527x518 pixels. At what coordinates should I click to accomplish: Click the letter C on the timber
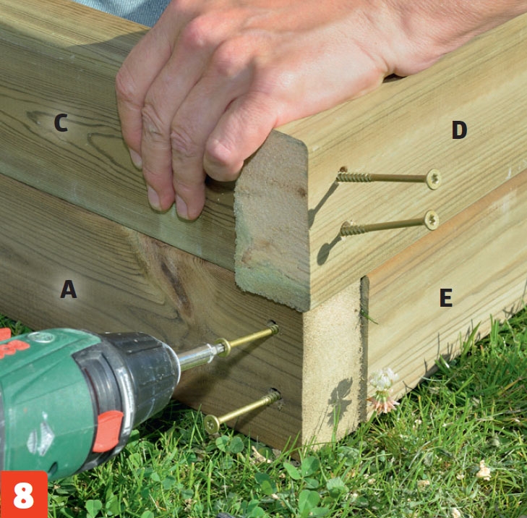click(61, 122)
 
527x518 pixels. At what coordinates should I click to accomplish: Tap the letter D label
click(459, 129)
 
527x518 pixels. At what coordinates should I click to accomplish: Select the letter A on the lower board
click(69, 289)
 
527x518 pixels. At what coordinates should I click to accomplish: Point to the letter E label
click(446, 297)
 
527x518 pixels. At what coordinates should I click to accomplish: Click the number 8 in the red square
click(24, 495)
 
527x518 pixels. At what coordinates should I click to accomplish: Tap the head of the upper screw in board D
click(433, 179)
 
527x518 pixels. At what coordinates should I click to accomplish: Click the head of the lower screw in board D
click(432, 220)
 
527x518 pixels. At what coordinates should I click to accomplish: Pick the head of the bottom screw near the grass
click(211, 424)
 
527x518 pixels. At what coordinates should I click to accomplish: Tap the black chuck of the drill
click(141, 370)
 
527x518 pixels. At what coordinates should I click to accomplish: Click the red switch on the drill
click(108, 431)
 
